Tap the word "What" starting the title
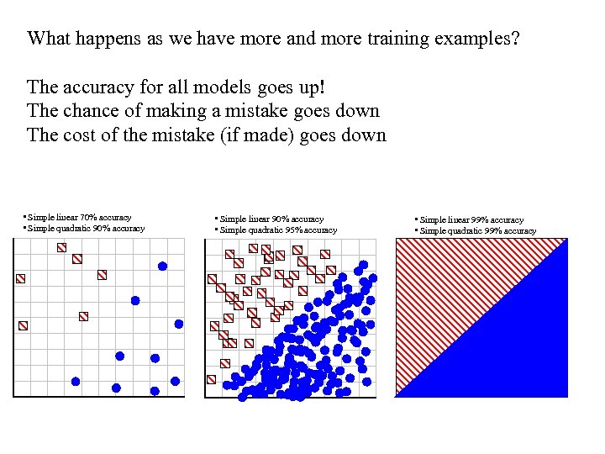coord(49,39)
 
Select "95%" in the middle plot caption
coord(287,230)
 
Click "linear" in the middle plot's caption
coord(261,219)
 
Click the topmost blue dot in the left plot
coord(163,266)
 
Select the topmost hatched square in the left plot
coord(61,247)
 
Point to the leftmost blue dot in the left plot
coord(76,381)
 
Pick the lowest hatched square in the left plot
coord(24,325)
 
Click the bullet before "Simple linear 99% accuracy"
coord(416,220)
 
